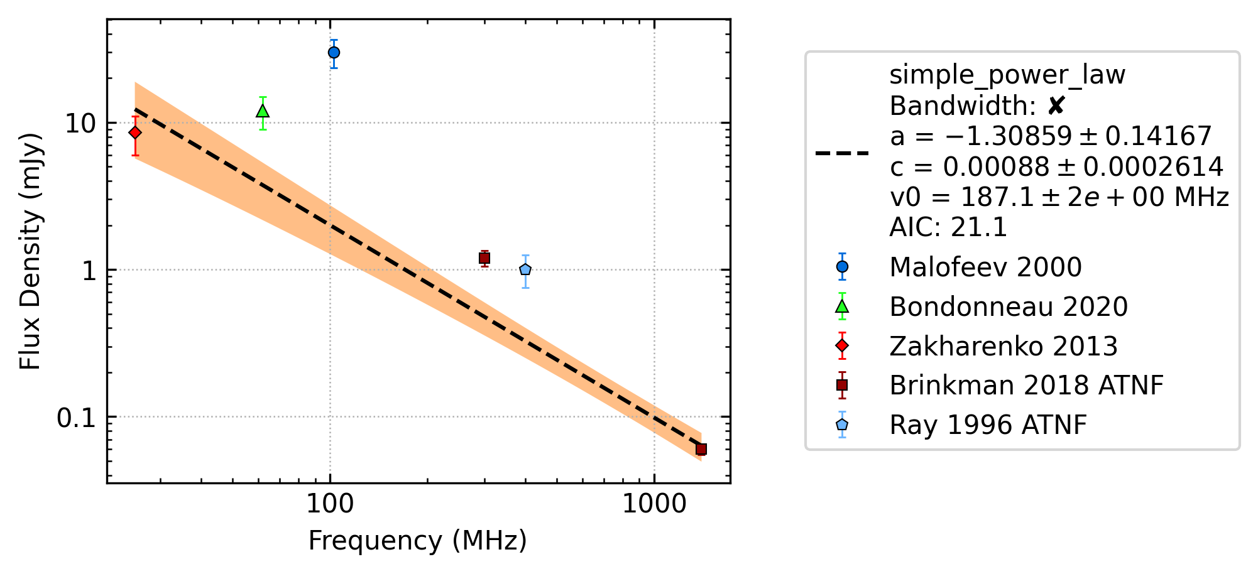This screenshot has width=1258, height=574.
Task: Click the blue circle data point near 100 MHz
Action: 334,53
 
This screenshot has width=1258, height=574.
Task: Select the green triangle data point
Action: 263,111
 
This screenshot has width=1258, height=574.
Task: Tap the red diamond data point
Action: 134,133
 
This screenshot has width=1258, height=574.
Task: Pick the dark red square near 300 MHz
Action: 484,258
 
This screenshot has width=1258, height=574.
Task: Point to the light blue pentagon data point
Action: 525,269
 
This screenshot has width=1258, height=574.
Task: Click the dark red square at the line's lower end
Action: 701,449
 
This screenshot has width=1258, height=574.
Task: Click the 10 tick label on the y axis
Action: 80,124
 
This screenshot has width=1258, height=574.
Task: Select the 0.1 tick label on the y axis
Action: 76,418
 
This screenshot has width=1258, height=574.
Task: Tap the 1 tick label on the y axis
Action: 88,271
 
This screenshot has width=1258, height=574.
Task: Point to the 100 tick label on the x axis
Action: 330,504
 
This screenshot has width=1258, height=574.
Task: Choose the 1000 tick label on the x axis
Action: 654,504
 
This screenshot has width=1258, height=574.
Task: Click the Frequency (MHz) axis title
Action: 418,541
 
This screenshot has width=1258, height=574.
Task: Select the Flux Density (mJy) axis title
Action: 30,251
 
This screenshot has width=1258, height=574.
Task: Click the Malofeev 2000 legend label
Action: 985,268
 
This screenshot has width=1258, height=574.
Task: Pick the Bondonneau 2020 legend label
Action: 1009,307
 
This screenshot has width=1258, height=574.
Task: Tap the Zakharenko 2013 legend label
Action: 1004,347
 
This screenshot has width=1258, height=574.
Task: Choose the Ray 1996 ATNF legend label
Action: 988,425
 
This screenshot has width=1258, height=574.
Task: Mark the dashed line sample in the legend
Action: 842,153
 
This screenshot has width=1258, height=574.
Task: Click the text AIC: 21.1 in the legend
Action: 948,227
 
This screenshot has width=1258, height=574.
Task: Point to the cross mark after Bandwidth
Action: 1056,106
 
